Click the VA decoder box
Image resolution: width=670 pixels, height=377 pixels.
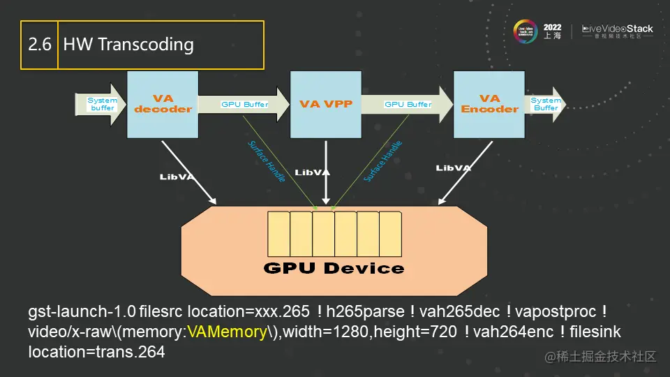click(x=163, y=104)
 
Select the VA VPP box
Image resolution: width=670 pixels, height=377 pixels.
click(x=326, y=104)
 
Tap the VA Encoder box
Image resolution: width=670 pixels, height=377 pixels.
click(x=489, y=104)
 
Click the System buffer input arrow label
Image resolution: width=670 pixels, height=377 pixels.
click(x=102, y=104)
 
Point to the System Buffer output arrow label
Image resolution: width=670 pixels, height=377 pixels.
click(x=545, y=104)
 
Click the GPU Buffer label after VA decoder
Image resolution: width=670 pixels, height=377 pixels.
click(x=244, y=105)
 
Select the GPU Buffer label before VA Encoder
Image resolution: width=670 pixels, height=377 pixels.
click(x=408, y=105)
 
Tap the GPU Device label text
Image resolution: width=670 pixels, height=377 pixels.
click(x=334, y=268)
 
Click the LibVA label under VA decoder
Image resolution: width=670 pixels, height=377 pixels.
click(x=177, y=177)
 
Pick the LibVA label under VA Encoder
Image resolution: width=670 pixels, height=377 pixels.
click(x=454, y=168)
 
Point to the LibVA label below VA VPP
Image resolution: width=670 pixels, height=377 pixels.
click(x=312, y=172)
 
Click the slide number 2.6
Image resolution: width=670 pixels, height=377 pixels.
click(x=39, y=45)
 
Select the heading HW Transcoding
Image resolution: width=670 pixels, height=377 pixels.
click(x=128, y=45)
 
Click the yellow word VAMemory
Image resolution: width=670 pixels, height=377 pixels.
click(x=228, y=332)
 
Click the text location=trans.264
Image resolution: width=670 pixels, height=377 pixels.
click(x=96, y=352)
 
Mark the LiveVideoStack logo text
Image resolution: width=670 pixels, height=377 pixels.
click(x=618, y=29)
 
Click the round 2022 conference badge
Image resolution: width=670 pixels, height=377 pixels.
click(x=527, y=32)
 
